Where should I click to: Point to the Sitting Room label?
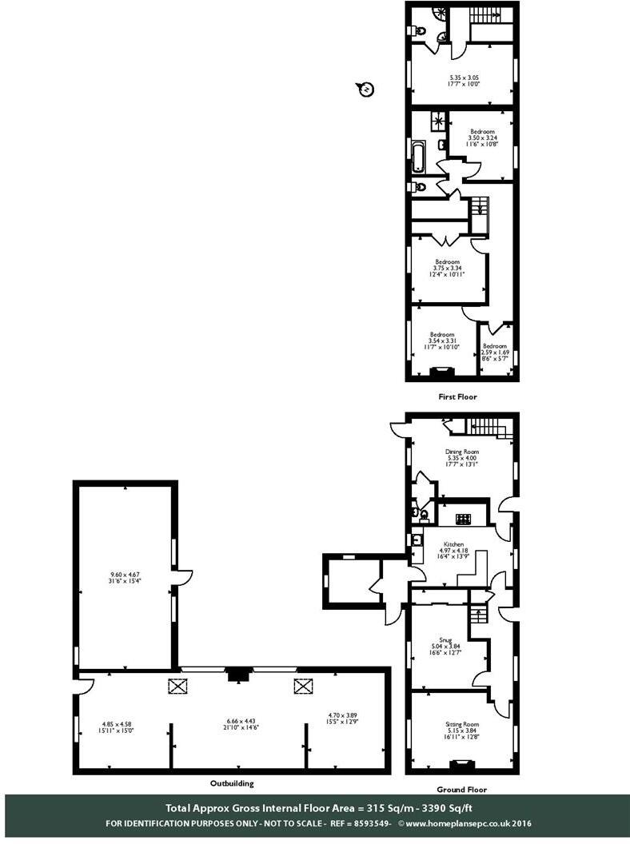461,724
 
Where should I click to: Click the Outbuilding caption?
233,784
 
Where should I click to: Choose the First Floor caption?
458,396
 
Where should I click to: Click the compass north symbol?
365,89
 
